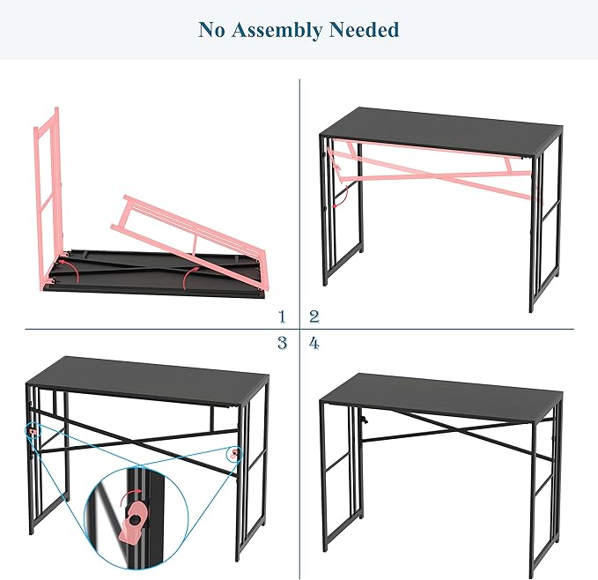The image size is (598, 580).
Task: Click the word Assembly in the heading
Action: click(277, 30)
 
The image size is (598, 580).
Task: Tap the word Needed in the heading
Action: click(364, 29)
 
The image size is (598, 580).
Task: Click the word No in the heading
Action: click(211, 29)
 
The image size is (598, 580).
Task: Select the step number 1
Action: click(282, 316)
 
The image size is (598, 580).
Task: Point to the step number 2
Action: click(314, 316)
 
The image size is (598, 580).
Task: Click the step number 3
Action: click(282, 343)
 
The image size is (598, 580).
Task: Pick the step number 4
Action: click(314, 344)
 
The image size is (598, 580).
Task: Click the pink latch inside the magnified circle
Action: click(134, 519)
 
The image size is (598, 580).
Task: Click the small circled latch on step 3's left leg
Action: click(33, 432)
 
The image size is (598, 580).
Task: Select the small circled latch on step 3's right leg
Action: click(233, 454)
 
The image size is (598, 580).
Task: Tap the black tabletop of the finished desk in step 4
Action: click(441, 398)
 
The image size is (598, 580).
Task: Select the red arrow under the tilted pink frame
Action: click(189, 277)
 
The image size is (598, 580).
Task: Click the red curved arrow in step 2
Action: click(341, 197)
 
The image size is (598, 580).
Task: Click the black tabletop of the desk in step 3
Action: click(148, 381)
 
